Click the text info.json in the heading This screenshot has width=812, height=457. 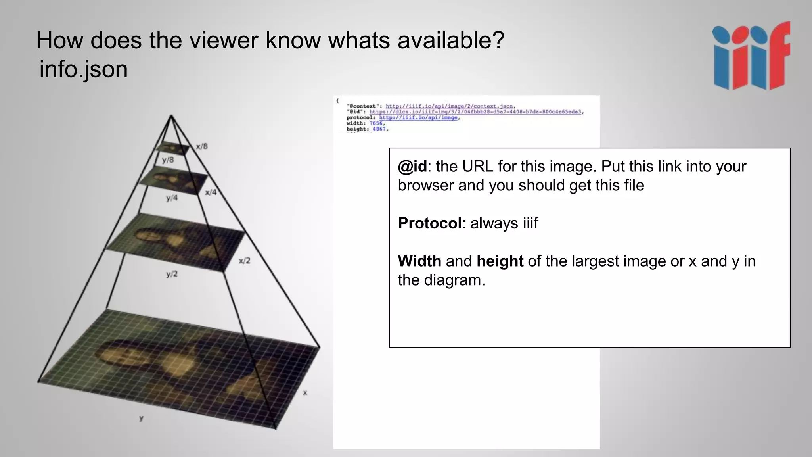pyautogui.click(x=84, y=69)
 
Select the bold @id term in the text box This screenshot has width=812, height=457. pyautogui.click(x=412, y=167)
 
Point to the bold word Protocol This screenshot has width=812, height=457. pyautogui.click(x=429, y=223)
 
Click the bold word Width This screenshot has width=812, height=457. pyautogui.click(x=419, y=261)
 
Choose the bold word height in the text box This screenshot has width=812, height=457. pyautogui.click(x=500, y=261)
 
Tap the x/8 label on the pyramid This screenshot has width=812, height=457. pyautogui.click(x=201, y=146)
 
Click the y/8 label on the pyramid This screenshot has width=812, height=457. pyautogui.click(x=168, y=160)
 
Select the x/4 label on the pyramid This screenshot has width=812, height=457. pyautogui.click(x=211, y=192)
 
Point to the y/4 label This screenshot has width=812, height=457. pyautogui.click(x=172, y=198)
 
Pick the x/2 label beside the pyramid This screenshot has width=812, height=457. pyautogui.click(x=244, y=261)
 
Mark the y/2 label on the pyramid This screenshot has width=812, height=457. pyautogui.click(x=172, y=274)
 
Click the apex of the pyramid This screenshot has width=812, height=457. pyautogui.click(x=171, y=115)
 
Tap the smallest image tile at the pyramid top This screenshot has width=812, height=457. pyautogui.click(x=172, y=148)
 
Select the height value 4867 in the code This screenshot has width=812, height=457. pyautogui.click(x=379, y=129)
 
